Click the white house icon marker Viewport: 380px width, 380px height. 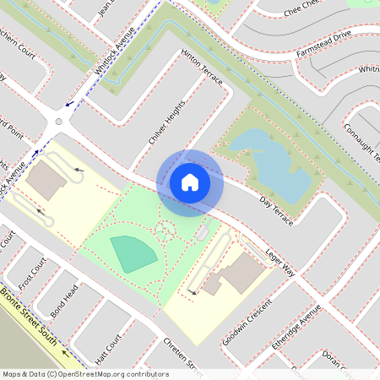tap(190, 182)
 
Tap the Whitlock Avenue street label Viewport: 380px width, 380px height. tap(116, 57)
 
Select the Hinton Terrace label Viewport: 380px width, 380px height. tap(202, 67)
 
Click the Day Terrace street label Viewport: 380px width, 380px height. tap(276, 210)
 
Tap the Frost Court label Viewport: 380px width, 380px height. tap(31, 274)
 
